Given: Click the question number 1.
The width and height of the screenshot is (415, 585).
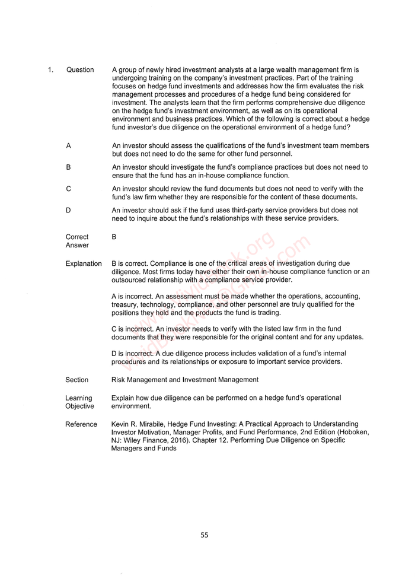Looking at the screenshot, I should coord(50,70).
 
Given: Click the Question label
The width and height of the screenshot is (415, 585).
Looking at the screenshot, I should coord(80,70).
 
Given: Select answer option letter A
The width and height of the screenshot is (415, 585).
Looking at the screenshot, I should coord(69,145).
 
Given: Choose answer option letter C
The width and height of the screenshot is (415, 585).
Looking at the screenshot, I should coord(69,189).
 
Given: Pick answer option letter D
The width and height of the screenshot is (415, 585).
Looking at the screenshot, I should coord(69,210).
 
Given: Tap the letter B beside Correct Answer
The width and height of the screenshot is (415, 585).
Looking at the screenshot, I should coord(114,237).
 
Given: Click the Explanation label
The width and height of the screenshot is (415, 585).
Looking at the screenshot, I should coord(84,263).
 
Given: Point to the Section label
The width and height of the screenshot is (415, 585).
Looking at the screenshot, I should coord(77,380).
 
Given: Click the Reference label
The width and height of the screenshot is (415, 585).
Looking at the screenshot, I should coord(81,424).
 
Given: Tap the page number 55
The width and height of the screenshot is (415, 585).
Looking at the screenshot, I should coord(204,535).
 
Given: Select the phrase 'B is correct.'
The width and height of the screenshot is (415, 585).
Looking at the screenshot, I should coord(131,263).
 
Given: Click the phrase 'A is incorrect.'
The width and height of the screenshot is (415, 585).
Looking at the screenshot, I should coord(132,296).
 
